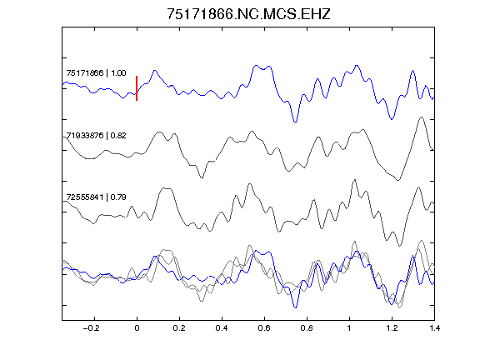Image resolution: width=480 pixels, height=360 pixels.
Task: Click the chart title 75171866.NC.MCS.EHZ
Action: pos(248,14)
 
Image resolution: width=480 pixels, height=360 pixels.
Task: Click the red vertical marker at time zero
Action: pos(137,88)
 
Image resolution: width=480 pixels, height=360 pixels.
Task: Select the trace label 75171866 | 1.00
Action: pos(96,73)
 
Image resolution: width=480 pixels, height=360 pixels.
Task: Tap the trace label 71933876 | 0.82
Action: pos(96,135)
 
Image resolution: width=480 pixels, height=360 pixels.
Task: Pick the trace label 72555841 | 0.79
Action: pos(96,197)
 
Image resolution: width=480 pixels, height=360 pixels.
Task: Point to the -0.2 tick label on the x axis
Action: pos(92,328)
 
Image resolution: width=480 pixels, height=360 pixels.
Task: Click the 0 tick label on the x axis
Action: pos(137,328)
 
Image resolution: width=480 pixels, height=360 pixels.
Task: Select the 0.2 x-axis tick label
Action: pos(179,328)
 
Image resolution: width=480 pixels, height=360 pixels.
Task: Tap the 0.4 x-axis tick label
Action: pos(222,328)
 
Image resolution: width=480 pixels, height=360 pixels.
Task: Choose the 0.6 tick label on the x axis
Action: pos(264,328)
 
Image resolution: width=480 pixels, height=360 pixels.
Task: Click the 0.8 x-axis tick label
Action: pos(307,328)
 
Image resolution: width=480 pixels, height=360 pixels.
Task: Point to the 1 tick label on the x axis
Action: pos(349,328)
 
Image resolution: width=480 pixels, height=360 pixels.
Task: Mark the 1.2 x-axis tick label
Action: pos(392,328)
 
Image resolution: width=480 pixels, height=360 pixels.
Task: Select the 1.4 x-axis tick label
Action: pos(434,328)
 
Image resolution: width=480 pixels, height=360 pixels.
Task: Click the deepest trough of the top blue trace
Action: pos(295,122)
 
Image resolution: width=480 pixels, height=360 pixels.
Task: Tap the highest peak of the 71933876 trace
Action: pos(422,117)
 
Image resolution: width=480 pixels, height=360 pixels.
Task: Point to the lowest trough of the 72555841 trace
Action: pos(399,246)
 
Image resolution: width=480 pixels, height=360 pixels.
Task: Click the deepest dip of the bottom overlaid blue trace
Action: pos(295,307)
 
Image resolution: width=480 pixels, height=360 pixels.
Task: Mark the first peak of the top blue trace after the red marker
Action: pos(155,71)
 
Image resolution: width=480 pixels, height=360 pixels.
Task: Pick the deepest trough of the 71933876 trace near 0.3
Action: pos(202,177)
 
